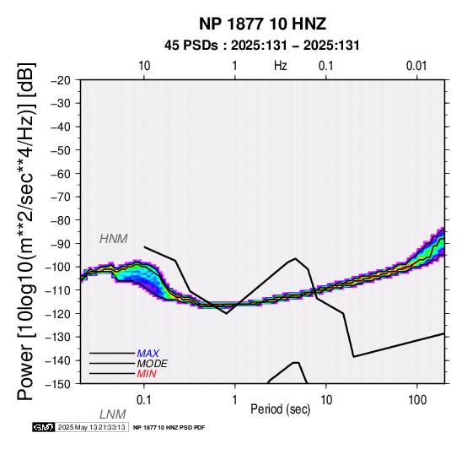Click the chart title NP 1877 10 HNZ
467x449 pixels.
(262, 24)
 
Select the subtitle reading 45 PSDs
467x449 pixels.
(191, 46)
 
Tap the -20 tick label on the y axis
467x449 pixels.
(61, 80)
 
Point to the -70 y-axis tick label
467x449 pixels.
(61, 197)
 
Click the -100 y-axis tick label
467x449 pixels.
(58, 268)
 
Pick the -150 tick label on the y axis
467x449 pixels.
(58, 384)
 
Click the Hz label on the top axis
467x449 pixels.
(281, 66)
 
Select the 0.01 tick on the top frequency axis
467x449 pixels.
(416, 66)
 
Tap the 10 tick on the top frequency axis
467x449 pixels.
(144, 66)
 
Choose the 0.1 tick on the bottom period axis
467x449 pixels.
(143, 400)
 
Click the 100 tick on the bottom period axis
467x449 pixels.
(417, 400)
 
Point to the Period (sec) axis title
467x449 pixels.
(280, 409)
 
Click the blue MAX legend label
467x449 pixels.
(148, 354)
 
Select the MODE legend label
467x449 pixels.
(153, 364)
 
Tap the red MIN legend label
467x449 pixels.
(147, 374)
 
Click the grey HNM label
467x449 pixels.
(114, 239)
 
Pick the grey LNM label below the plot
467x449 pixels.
(113, 414)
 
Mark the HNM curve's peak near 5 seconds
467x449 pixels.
(295, 258)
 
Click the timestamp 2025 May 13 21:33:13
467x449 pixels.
(91, 428)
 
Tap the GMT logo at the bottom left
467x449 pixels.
(44, 428)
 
